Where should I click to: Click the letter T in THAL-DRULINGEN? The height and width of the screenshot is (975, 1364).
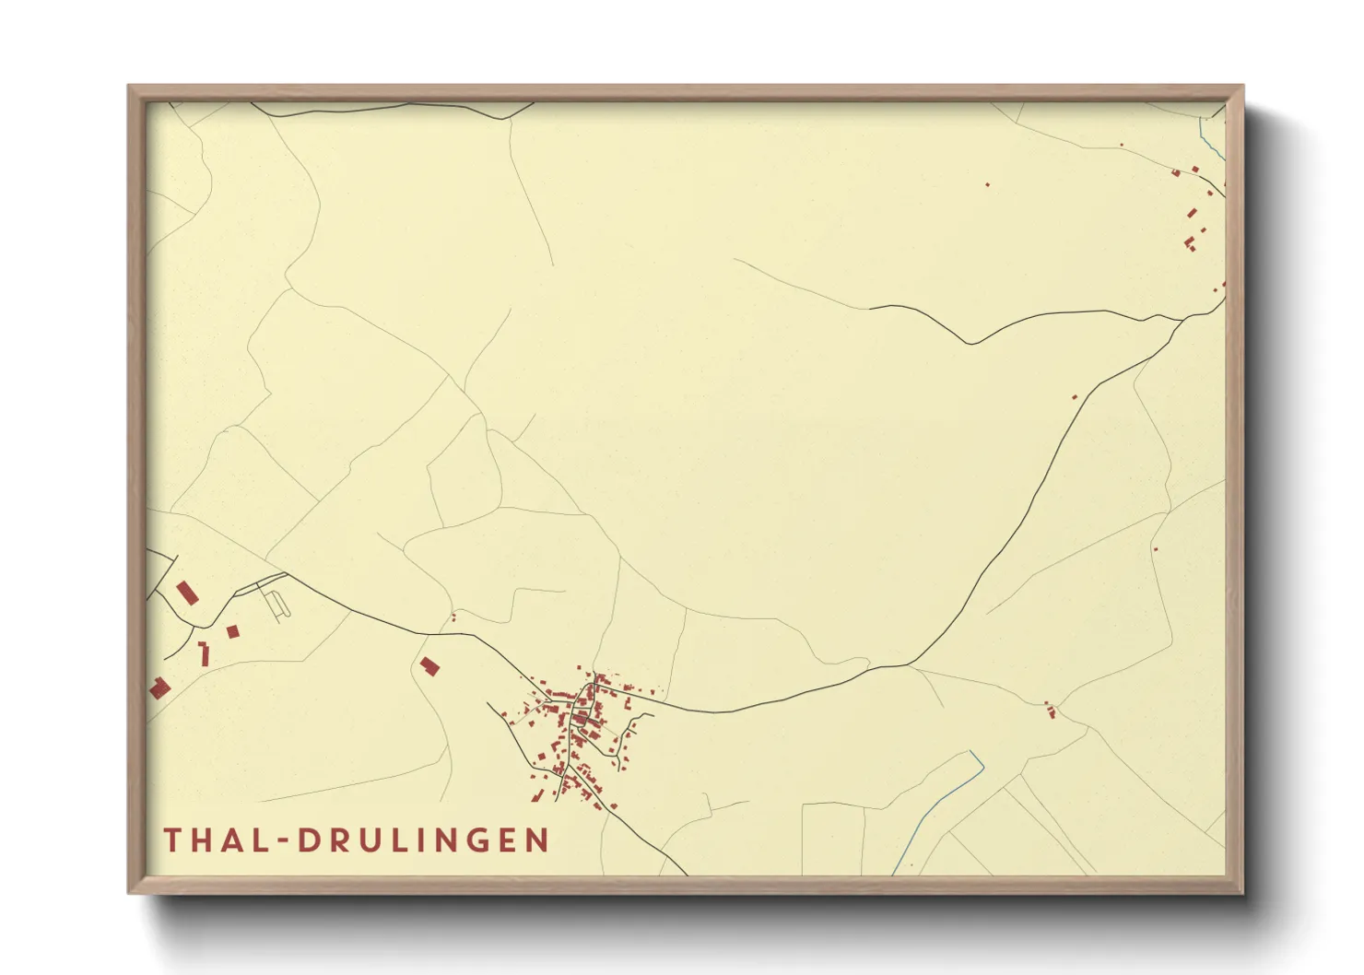[x=172, y=840]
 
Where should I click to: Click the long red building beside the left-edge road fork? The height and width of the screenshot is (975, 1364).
[x=187, y=592]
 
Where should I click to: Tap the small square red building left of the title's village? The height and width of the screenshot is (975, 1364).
[x=232, y=631]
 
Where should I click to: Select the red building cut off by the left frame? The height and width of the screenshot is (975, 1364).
[x=159, y=687]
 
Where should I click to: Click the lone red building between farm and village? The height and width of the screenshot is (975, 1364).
[x=429, y=665]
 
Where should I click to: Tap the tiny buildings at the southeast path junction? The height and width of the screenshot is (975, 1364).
[x=1050, y=710]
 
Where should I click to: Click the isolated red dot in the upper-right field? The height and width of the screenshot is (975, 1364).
[x=987, y=184]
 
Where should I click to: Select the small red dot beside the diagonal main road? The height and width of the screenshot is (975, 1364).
[x=1075, y=397]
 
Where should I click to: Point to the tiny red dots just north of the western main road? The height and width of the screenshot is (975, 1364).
[x=453, y=616]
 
